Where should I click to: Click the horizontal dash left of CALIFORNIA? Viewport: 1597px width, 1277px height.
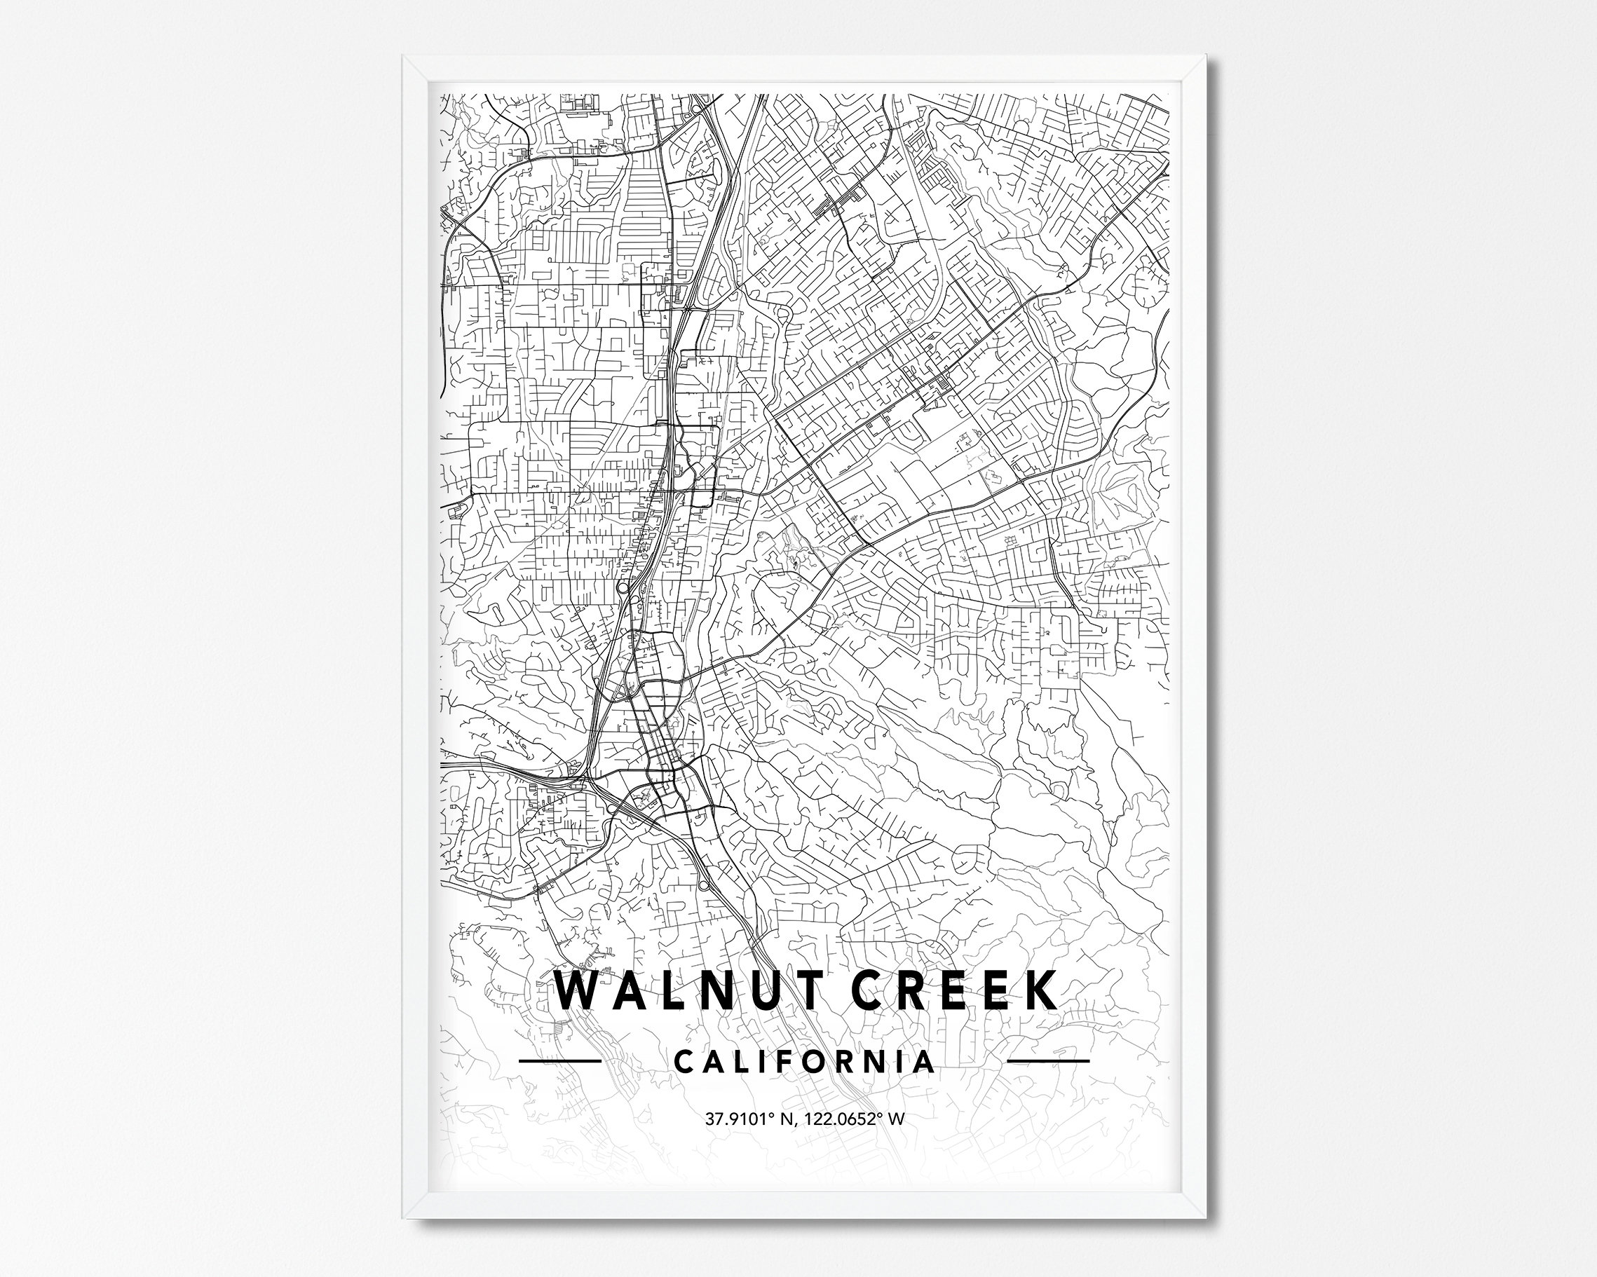[560, 1060]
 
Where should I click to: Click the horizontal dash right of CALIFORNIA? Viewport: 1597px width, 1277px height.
[1048, 1060]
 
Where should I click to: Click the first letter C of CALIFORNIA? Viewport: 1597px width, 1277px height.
[685, 1061]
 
